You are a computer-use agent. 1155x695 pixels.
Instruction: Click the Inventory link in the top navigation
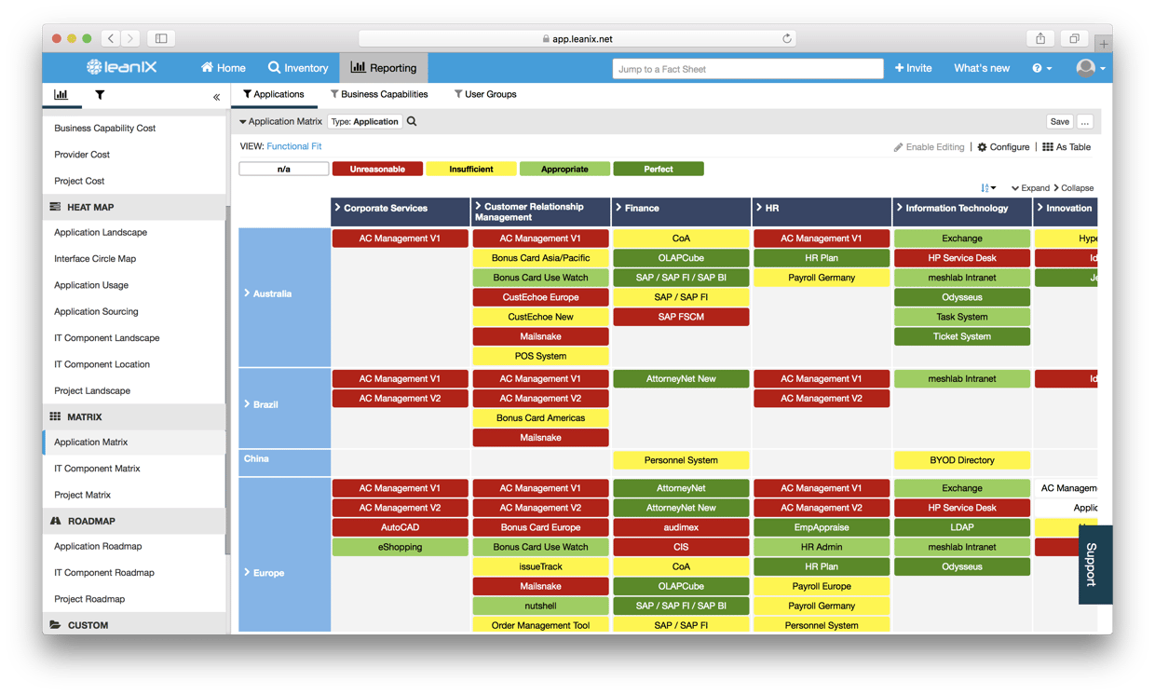tap(298, 68)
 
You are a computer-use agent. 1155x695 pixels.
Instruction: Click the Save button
tap(1059, 121)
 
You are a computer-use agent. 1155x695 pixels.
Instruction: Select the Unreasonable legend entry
tap(377, 169)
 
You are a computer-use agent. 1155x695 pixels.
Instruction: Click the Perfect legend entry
tap(658, 169)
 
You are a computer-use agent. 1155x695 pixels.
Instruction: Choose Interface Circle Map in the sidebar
tap(95, 259)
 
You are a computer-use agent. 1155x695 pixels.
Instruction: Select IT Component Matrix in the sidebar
tap(97, 469)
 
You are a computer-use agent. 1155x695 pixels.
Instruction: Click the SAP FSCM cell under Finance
tap(681, 317)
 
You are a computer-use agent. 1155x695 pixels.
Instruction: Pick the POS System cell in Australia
tap(540, 356)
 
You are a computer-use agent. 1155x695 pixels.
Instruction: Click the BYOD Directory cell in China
tap(961, 460)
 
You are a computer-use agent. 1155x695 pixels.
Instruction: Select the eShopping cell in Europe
tap(400, 547)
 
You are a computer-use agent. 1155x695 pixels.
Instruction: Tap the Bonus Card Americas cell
tap(540, 417)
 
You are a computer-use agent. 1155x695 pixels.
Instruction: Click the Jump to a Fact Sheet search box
tap(748, 69)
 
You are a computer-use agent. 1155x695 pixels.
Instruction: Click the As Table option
tap(1067, 147)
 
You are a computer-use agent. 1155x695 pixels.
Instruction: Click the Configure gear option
tap(1003, 147)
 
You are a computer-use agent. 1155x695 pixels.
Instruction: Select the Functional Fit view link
tap(293, 146)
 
